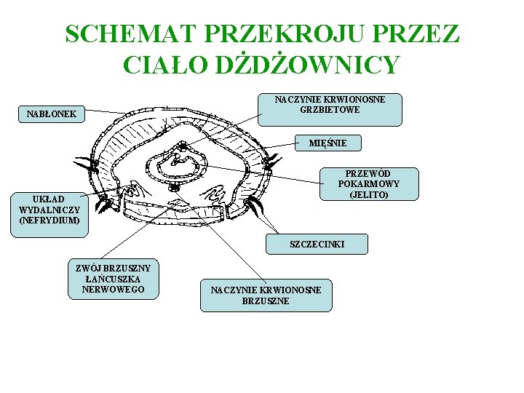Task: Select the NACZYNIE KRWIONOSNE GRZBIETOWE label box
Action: point(330,109)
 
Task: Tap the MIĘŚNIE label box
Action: point(327,143)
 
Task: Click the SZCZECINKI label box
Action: point(317,245)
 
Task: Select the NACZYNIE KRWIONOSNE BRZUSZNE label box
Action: point(266,295)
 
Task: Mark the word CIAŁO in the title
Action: point(164,65)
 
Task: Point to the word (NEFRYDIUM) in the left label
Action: point(49,219)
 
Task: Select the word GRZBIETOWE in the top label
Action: point(330,110)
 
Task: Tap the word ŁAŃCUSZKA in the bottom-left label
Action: point(114,279)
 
